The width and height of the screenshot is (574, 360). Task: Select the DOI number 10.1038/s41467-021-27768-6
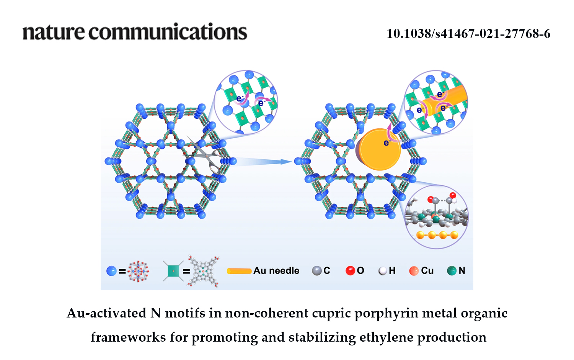pyautogui.click(x=468, y=34)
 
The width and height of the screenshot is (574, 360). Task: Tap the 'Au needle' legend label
pyautogui.click(x=276, y=271)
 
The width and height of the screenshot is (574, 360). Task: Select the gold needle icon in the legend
pyautogui.click(x=239, y=271)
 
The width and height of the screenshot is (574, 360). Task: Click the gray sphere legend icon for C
pyautogui.click(x=316, y=271)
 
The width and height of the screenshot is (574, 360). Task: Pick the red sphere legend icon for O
pyautogui.click(x=350, y=271)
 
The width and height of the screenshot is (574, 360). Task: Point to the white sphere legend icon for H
pyautogui.click(x=383, y=271)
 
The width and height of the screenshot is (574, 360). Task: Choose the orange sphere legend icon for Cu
pyautogui.click(x=414, y=271)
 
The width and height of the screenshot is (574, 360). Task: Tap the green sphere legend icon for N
pyautogui.click(x=452, y=271)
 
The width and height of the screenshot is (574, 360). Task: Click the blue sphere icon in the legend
pyautogui.click(x=111, y=271)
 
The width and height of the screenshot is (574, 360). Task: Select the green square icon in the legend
pyautogui.click(x=173, y=271)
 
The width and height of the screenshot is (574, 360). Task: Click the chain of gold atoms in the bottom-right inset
pyautogui.click(x=437, y=235)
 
